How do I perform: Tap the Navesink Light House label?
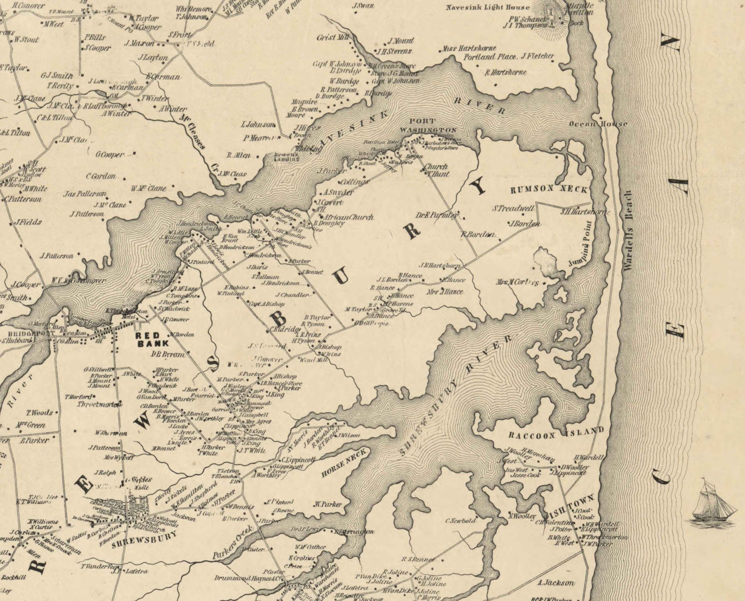pyautogui.click(x=481, y=7)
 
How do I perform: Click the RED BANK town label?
pyautogui.click(x=152, y=340)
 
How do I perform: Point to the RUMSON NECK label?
pyautogui.click(x=549, y=189)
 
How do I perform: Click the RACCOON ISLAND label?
pyautogui.click(x=556, y=433)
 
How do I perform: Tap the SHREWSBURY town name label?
pyautogui.click(x=145, y=536)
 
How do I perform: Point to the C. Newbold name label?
pyautogui.click(x=460, y=521)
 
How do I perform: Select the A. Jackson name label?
pyautogui.click(x=555, y=583)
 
